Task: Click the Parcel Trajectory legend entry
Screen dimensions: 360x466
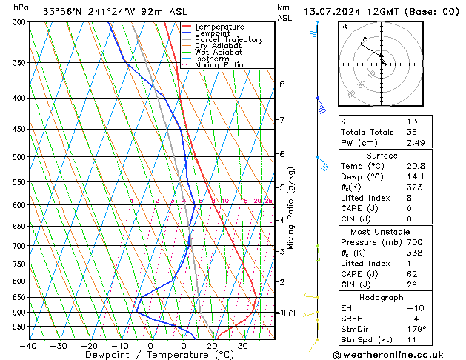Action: pos(228,39)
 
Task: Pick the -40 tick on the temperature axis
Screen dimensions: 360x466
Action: pos(28,346)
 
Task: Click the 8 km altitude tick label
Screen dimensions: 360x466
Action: pos(282,84)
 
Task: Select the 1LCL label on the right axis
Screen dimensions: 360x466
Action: pos(287,313)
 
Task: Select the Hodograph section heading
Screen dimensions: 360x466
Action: pos(382,297)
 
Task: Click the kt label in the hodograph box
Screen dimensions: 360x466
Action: pos(344,27)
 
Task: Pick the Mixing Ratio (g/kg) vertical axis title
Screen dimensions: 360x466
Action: pos(292,208)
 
